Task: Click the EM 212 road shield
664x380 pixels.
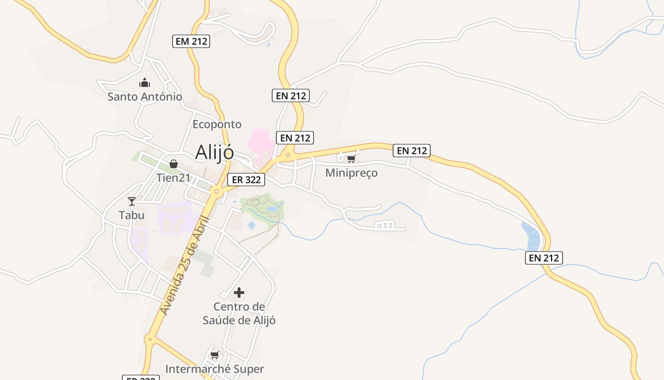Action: tap(191, 41)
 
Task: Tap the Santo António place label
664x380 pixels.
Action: tap(145, 97)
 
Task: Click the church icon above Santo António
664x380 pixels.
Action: tap(145, 83)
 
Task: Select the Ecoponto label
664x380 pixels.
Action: tap(217, 124)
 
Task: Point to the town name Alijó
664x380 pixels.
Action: tap(214, 152)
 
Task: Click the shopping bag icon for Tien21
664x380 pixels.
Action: tap(174, 164)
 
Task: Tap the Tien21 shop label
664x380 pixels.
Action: tap(174, 178)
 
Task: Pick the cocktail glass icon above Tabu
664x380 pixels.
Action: tap(132, 201)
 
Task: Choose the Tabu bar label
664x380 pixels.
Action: tap(131, 215)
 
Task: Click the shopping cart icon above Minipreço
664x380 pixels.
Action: tap(351, 159)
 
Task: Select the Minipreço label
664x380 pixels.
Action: tap(351, 173)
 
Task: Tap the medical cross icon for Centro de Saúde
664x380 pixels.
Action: tap(239, 293)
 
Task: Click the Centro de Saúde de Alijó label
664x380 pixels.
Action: tap(239, 313)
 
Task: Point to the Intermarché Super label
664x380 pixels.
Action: tap(214, 369)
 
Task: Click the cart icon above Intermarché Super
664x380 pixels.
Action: tap(214, 355)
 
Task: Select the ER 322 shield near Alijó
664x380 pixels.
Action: tap(246, 180)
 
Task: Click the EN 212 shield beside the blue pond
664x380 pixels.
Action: tap(544, 258)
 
